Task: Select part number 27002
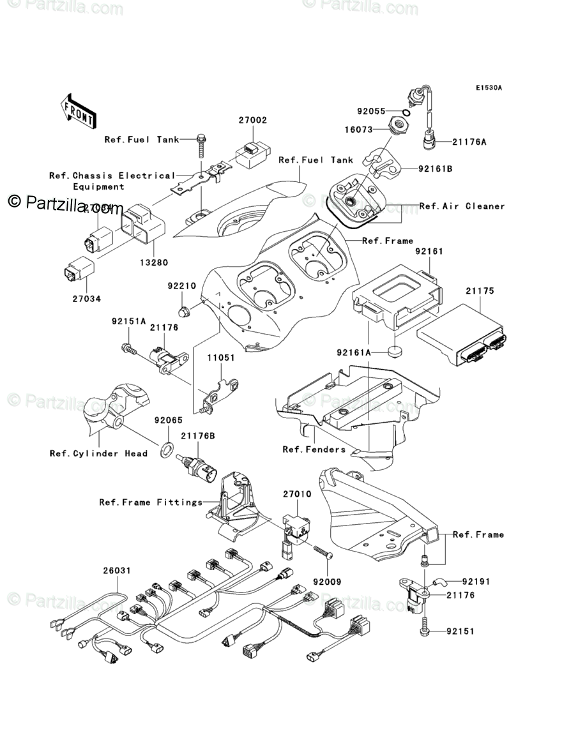point(253,120)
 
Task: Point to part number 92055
point(370,111)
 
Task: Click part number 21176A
point(469,142)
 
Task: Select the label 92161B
point(436,170)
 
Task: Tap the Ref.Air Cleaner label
point(462,206)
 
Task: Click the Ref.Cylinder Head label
point(98,453)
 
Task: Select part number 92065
point(168,421)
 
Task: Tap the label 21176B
point(197,436)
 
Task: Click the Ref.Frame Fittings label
point(151,502)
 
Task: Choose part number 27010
point(297,494)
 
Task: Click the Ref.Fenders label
point(314,449)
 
